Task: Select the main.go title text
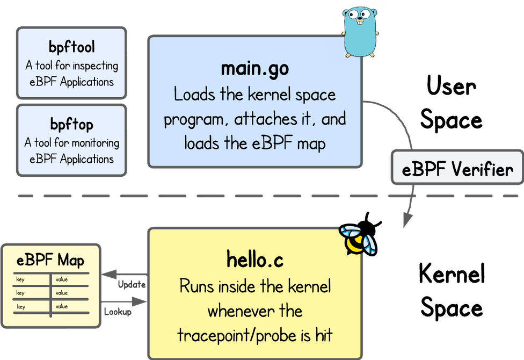tap(254, 69)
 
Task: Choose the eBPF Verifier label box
tap(457, 170)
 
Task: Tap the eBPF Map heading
tap(50, 261)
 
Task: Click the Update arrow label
tap(131, 284)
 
